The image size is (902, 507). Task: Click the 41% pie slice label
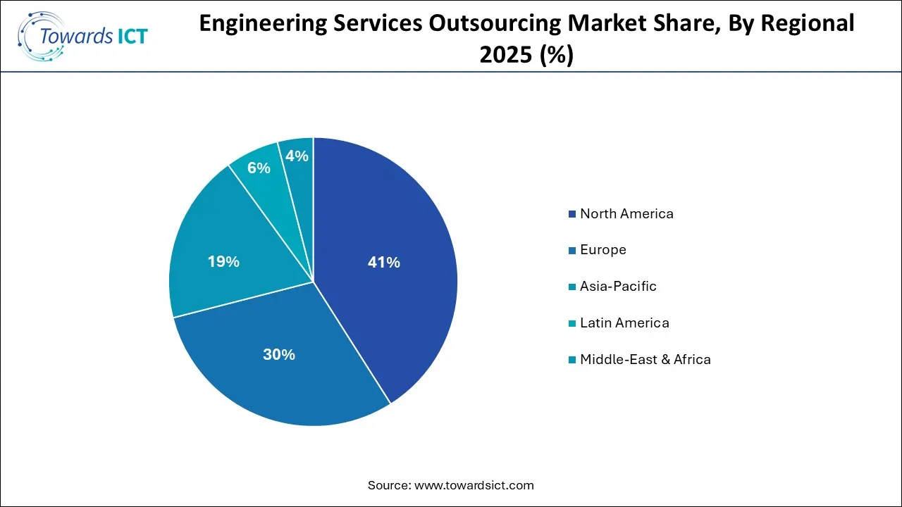coord(383,263)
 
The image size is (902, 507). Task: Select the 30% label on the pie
coord(278,355)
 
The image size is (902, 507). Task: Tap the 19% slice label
coord(223,262)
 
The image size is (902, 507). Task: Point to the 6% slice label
coord(259,168)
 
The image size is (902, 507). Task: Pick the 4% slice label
coord(297,156)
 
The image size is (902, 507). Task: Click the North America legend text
coord(626,213)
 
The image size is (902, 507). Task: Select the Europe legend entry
coord(603,250)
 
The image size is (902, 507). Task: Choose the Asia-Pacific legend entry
coord(618,287)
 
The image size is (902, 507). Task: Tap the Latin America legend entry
coord(624,323)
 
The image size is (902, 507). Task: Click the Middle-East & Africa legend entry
coord(645,360)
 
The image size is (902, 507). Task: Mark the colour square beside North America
coord(574,214)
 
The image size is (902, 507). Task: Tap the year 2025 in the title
coord(505,54)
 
